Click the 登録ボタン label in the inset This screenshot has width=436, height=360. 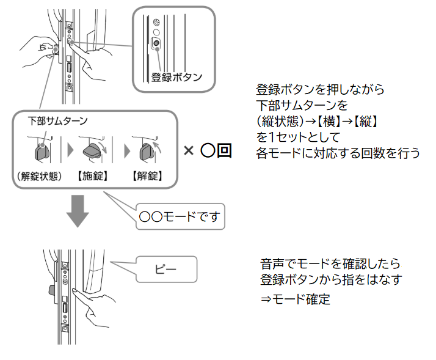(176, 78)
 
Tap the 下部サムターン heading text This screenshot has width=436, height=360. (58, 121)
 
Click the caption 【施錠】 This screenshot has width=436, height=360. (93, 177)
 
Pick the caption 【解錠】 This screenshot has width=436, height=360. (147, 177)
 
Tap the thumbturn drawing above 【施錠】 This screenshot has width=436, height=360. (95, 150)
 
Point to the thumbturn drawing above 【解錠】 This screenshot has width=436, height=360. (147, 150)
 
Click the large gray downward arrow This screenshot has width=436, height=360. (78, 211)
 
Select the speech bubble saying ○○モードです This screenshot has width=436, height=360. (181, 216)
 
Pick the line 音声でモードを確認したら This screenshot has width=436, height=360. (330, 265)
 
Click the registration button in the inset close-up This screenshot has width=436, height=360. (156, 43)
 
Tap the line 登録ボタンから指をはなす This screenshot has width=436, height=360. (331, 281)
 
